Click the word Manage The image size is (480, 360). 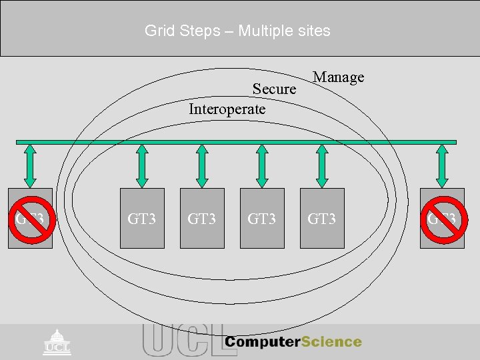pos(339,77)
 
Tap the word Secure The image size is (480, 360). pos(274,89)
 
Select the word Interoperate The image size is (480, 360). pos(227,109)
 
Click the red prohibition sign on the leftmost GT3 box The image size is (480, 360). pos(30,218)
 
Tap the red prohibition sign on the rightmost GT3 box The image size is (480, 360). pos(442,218)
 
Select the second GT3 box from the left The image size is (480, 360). pos(142,218)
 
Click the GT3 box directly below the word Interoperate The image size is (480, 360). pos(202,218)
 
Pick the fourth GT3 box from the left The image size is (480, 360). pos(262,218)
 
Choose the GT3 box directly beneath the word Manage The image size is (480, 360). pos(322,218)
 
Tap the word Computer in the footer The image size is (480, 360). pos(262,342)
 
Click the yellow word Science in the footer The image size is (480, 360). pos(331,342)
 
